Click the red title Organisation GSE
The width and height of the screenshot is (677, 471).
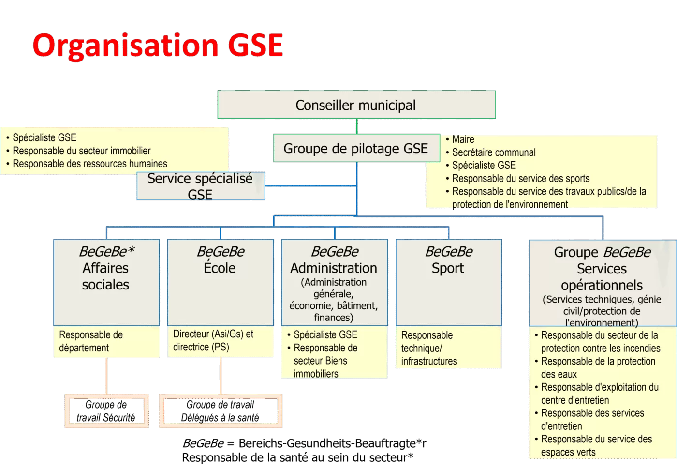pos(158,45)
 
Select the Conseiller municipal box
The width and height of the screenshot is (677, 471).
pos(356,105)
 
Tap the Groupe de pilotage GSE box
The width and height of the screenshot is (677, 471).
pos(356,148)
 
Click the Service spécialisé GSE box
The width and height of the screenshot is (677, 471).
pos(200,186)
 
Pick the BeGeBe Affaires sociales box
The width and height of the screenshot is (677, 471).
pos(106,282)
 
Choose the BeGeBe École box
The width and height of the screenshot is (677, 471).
pos(220,282)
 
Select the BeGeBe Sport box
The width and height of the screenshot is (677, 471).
pos(448,282)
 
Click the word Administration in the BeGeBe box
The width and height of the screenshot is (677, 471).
pos(334,268)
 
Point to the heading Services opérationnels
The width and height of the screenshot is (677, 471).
pos(602,277)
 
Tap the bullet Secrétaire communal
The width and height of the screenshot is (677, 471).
pos(494,152)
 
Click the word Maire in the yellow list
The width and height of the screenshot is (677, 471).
pos(463,139)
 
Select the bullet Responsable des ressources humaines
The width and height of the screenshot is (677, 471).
pos(90,164)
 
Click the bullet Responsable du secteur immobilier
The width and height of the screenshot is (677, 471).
pos(82,151)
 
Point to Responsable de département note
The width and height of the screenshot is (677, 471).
pos(91,341)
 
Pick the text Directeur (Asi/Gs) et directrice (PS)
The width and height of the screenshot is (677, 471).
pos(213,340)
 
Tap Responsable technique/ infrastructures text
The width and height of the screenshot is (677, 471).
pos(429,348)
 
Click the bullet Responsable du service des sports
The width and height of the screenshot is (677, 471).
pos(520,178)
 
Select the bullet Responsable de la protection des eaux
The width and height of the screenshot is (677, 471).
pos(598,367)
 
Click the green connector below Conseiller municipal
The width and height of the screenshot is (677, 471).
pos(357,126)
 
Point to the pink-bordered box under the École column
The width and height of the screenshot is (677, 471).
pos(221,411)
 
